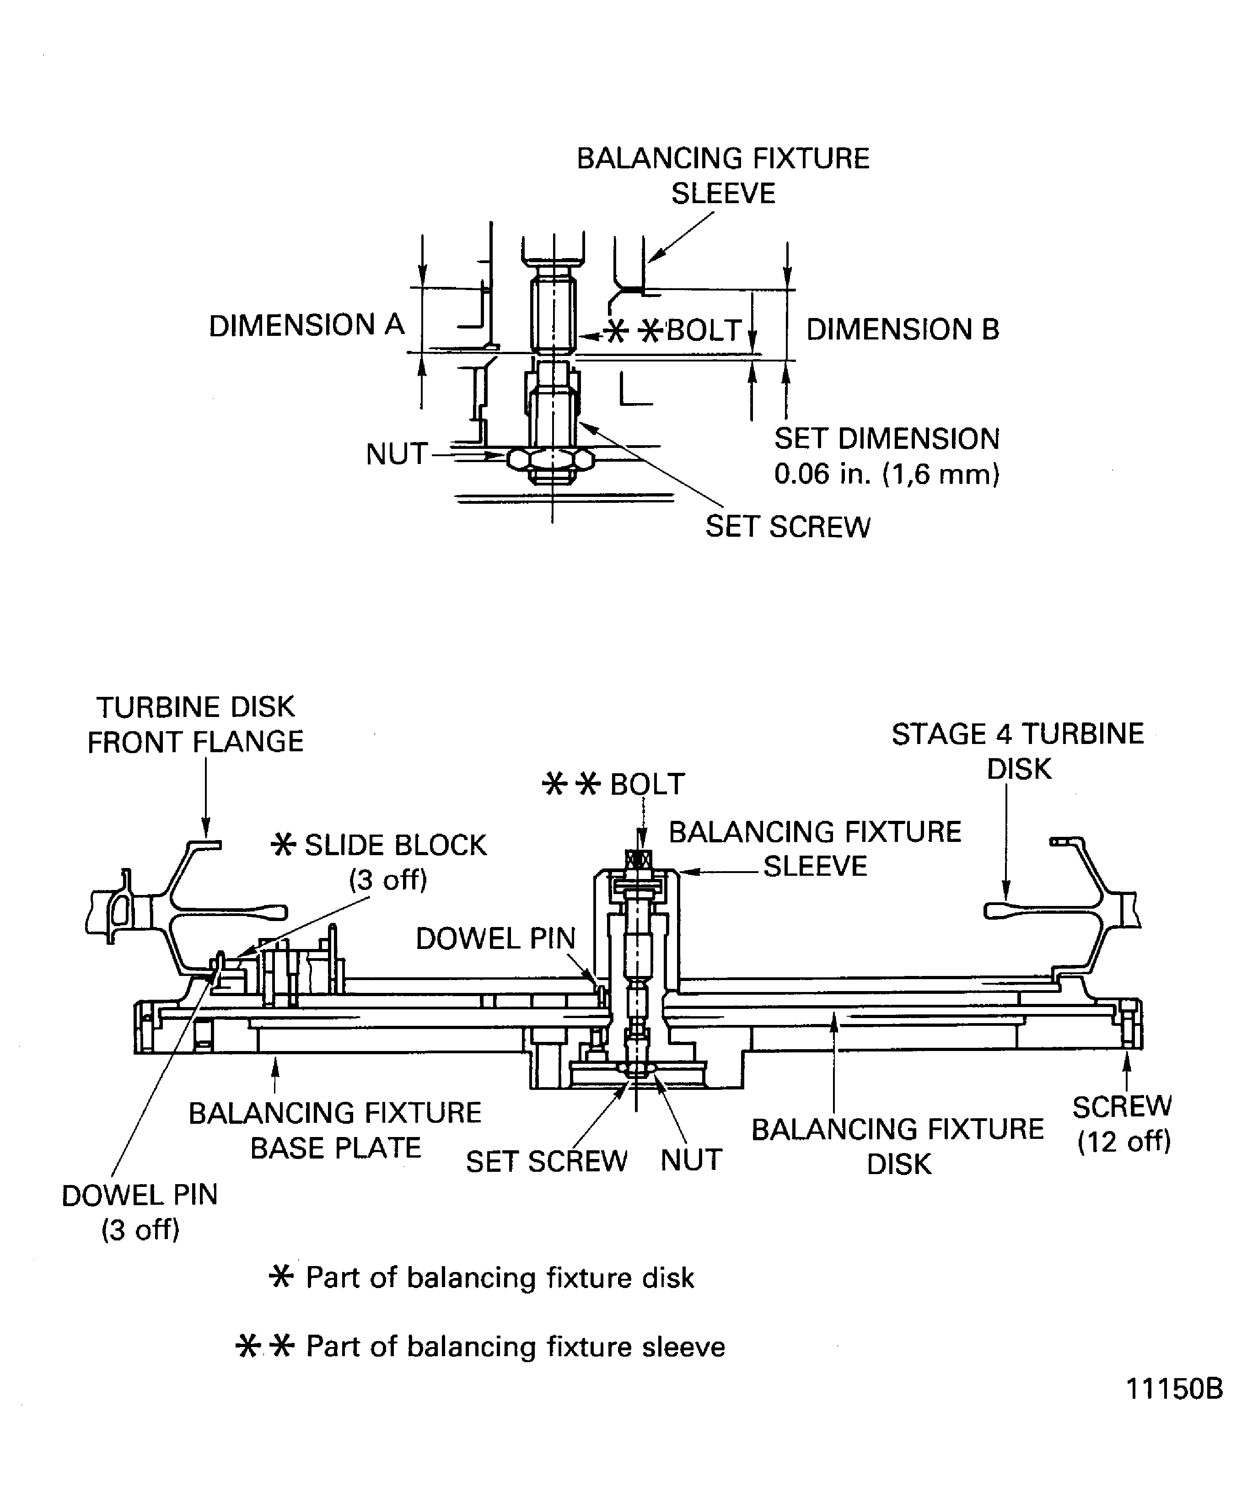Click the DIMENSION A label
pyautogui.click(x=306, y=326)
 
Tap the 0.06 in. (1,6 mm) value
pyautogui.click(x=887, y=474)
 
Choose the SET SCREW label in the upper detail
pyautogui.click(x=787, y=527)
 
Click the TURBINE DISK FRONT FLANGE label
pyautogui.click(x=195, y=724)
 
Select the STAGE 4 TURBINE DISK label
pyautogui.click(x=1017, y=751)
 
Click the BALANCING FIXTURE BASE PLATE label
pyautogui.click(x=335, y=1131)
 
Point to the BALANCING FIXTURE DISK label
pyautogui.click(x=898, y=1147)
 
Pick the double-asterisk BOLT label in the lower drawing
pyautogui.click(x=613, y=784)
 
